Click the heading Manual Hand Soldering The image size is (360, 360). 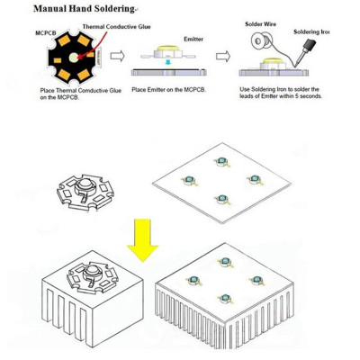point(84,8)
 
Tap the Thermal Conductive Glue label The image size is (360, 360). point(116,27)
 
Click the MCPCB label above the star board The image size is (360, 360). point(46,32)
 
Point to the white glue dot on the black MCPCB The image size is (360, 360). point(74,57)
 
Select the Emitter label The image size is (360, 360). point(193,39)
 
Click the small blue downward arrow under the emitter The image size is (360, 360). point(169,62)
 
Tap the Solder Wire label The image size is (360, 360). point(261,24)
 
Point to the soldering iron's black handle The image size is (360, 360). point(310,45)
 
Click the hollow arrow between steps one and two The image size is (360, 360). point(117,56)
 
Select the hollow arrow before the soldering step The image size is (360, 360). point(223,56)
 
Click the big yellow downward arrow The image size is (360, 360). point(142,240)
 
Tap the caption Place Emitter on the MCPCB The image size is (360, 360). point(169,90)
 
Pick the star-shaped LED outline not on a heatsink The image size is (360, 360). point(85,192)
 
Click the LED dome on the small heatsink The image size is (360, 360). point(90,271)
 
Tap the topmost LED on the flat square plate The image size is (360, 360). point(221,161)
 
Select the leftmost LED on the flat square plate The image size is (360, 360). point(189,180)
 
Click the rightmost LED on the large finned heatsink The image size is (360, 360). point(256,280)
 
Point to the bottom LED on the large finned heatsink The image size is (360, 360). point(225,299)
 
